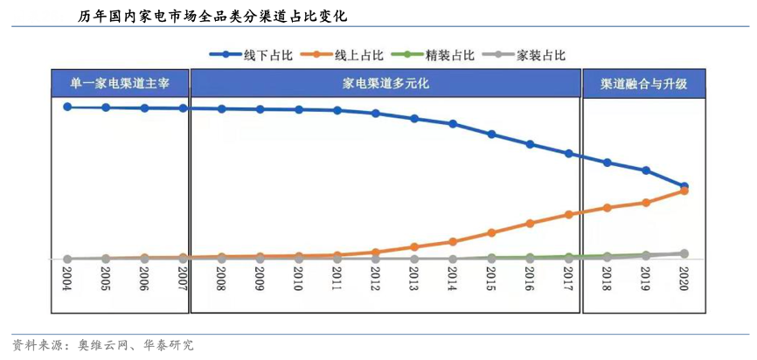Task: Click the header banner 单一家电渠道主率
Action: pos(120,84)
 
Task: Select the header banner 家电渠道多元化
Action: pos(385,84)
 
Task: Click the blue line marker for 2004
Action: pos(67,107)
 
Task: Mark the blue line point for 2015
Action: pos(491,135)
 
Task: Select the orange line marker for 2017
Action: pos(568,214)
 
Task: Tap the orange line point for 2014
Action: pos(453,241)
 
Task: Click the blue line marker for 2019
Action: pos(646,170)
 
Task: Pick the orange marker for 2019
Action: pos(646,203)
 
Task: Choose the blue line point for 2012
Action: pos(376,114)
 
